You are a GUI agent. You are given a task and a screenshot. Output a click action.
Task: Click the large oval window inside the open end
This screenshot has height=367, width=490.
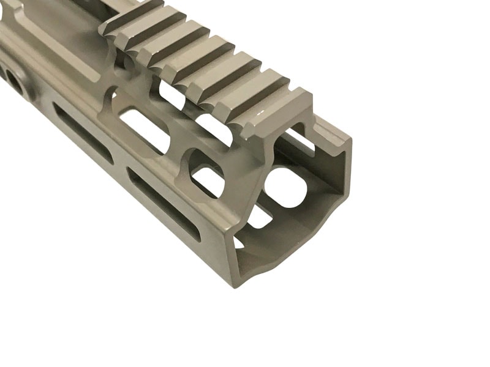point(285,186)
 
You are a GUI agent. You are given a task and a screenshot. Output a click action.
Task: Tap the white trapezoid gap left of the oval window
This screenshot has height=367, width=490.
point(260,217)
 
